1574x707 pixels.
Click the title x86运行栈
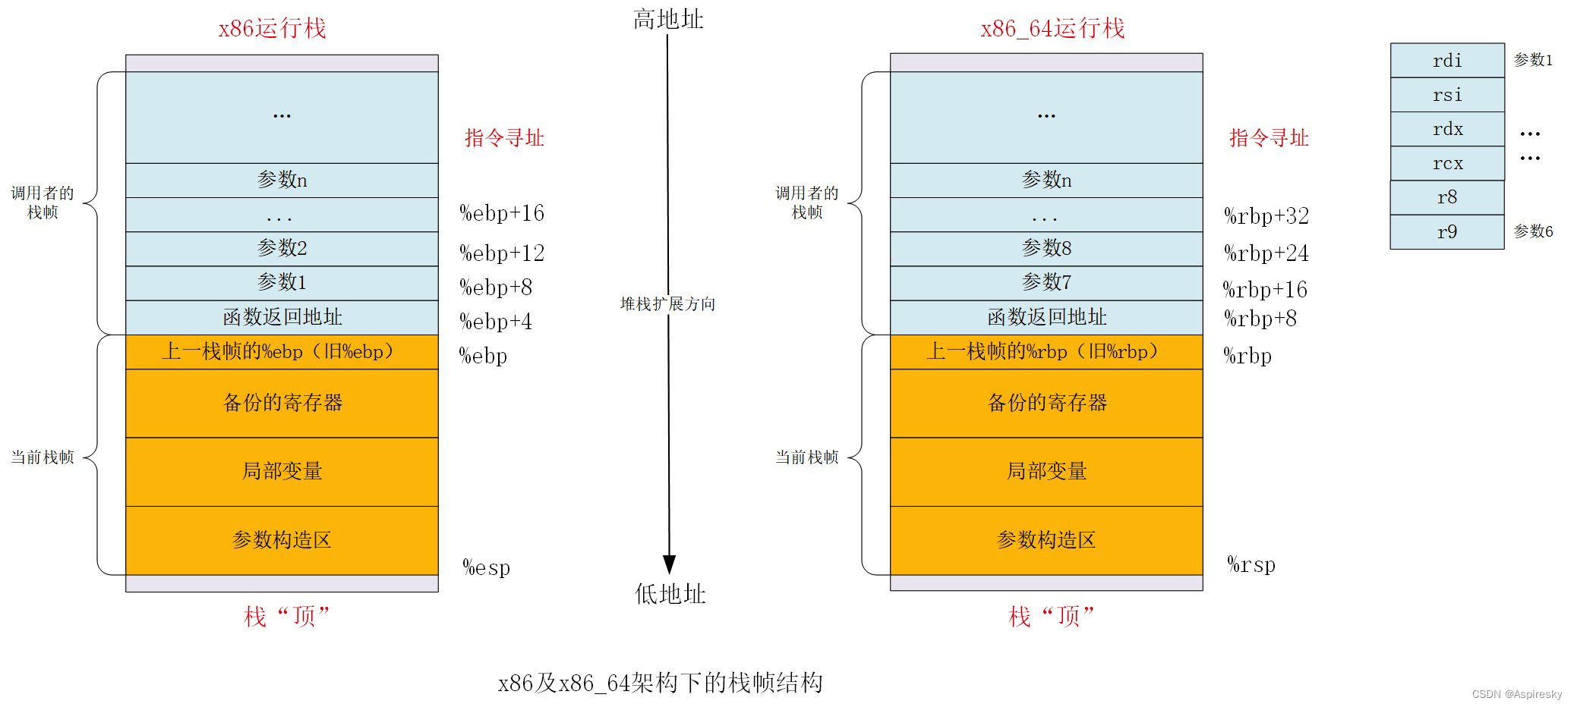pos(272,29)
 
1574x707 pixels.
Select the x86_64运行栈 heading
pos(1052,29)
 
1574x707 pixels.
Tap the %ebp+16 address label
pos(502,213)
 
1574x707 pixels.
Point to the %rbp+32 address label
pos(1266,216)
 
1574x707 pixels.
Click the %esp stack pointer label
pos(487,567)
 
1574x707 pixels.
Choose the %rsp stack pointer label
pos(1251,564)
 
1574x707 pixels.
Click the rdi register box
pos(1447,61)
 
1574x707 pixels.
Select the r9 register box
pos(1447,232)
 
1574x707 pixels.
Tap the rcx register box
pos(1447,163)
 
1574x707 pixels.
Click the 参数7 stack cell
pos(1046,283)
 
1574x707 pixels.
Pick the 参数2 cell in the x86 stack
pos(282,249)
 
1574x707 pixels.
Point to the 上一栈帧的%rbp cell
pos(1046,352)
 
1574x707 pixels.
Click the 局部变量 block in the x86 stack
pos(282,472)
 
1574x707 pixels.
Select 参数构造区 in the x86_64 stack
pos(1046,540)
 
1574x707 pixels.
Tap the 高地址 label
pos(668,20)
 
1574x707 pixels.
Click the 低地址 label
pos(670,594)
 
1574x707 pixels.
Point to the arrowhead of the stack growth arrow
pos(669,564)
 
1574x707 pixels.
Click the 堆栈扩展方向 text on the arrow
pos(668,304)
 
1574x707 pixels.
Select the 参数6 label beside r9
pos(1533,231)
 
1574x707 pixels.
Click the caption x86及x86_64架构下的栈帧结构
pos(660,683)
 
